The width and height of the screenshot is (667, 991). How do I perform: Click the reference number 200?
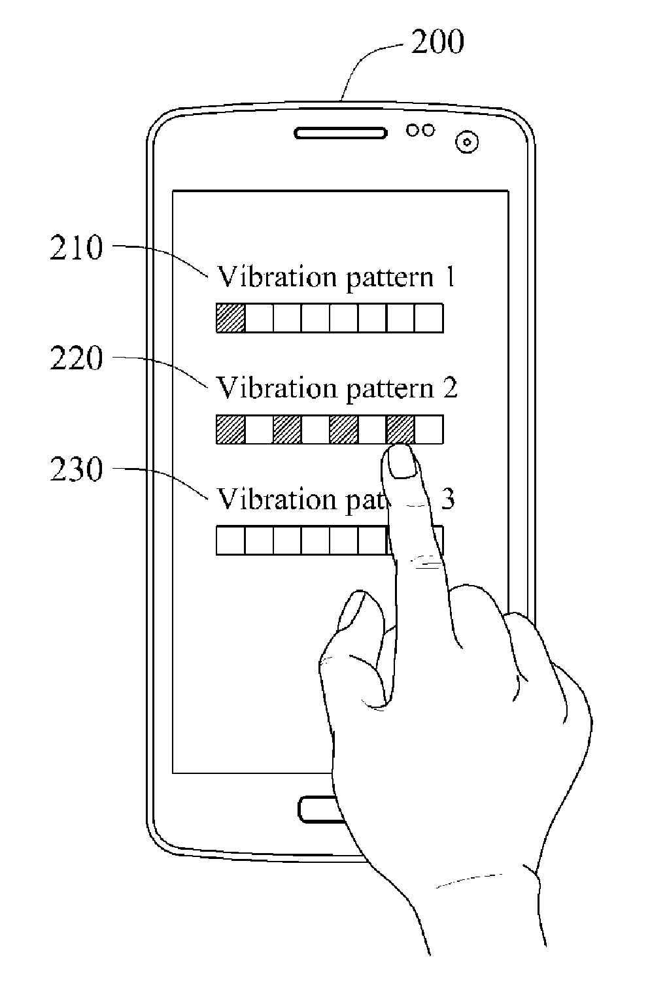tap(437, 42)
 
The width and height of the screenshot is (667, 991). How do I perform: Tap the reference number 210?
tap(77, 249)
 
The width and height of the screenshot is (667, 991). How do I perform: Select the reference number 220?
tap(77, 360)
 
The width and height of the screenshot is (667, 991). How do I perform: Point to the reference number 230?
tap(77, 471)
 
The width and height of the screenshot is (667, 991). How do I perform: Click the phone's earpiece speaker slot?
tap(340, 133)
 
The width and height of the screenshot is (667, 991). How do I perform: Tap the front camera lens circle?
tap(466, 141)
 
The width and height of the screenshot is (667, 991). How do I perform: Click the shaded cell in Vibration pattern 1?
tap(231, 318)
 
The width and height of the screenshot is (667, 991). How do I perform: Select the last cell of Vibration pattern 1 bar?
tap(429, 318)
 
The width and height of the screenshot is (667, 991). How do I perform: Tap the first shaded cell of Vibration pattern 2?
tap(231, 429)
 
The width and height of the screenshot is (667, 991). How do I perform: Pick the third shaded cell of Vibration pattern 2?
tap(344, 429)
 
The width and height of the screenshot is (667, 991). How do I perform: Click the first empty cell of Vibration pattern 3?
tap(231, 541)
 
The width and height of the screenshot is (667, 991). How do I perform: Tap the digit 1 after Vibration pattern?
tap(449, 278)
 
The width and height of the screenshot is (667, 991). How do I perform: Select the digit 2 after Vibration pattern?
tap(449, 389)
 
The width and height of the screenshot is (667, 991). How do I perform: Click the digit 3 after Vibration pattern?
tap(449, 500)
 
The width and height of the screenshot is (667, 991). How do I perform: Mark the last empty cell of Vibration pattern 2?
tap(429, 429)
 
